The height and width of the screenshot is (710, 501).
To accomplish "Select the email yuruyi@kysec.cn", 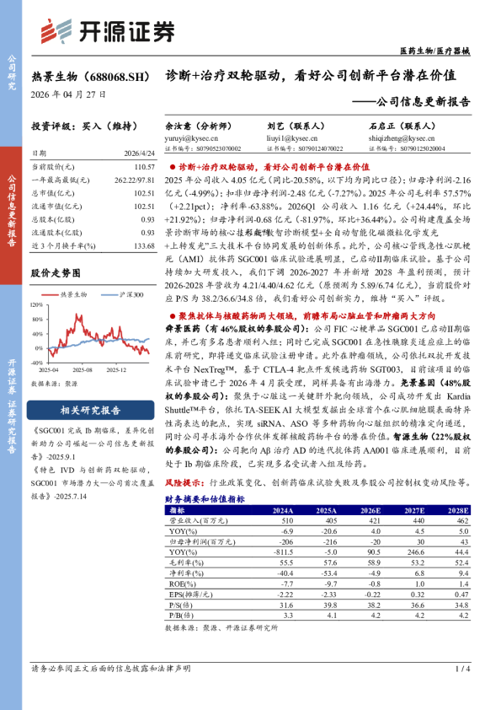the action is pyautogui.click(x=185, y=136).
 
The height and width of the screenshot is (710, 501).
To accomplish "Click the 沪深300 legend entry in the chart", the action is pyautogui.click(x=127, y=294).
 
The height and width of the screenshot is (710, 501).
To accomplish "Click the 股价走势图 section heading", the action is pyautogui.click(x=56, y=274).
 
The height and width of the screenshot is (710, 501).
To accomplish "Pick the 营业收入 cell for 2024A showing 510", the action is pyautogui.click(x=285, y=521).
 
